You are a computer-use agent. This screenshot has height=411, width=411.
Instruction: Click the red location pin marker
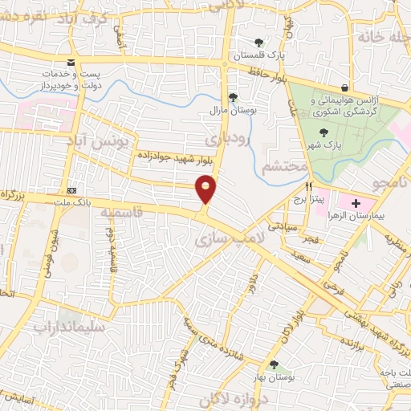point(206,189)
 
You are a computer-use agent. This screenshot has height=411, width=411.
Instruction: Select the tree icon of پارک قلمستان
point(258,43)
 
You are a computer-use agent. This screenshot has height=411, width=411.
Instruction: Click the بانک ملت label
point(71,201)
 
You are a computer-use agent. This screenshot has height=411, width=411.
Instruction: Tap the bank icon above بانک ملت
point(72,189)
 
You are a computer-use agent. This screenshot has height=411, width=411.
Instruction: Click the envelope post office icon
point(72,63)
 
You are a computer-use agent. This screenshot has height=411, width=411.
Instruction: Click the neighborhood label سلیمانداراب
point(68,328)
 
